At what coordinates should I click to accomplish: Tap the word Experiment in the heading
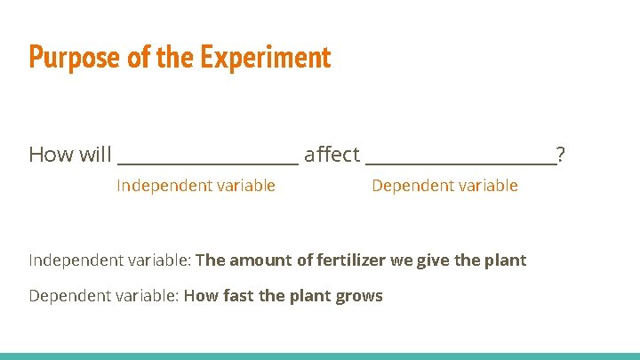pyautogui.click(x=265, y=58)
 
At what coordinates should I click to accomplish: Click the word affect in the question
pyautogui.click(x=332, y=155)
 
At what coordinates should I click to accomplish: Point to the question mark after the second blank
pyautogui.click(x=560, y=155)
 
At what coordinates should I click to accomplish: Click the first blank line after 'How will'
pyautogui.click(x=208, y=162)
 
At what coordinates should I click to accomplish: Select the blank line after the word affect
pyautogui.click(x=460, y=162)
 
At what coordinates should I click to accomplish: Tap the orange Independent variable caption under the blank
pyautogui.click(x=196, y=186)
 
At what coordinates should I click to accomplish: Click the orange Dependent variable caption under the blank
pyautogui.click(x=444, y=186)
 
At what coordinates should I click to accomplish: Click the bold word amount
pyautogui.click(x=259, y=260)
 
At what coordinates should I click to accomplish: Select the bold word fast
pyautogui.click(x=237, y=296)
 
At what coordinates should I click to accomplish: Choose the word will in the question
pyautogui.click(x=95, y=155)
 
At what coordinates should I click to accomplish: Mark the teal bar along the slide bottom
pyautogui.click(x=320, y=356)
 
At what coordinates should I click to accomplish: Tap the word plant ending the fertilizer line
pyautogui.click(x=506, y=260)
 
